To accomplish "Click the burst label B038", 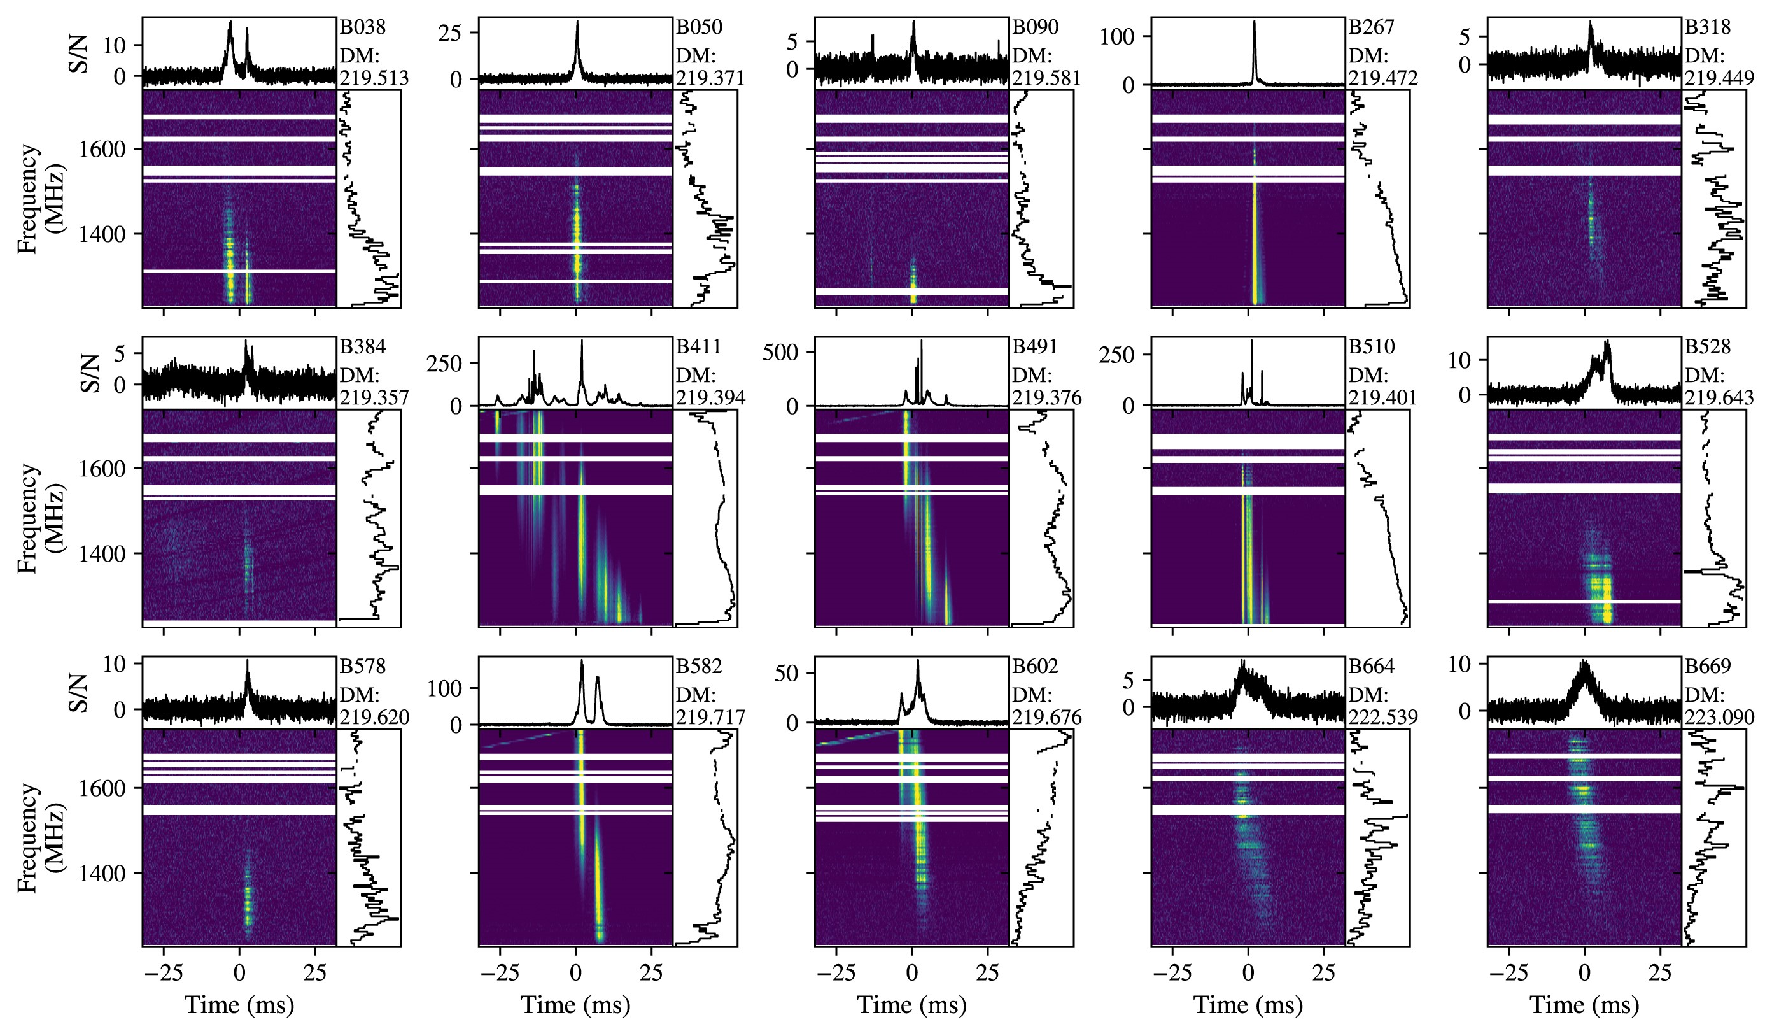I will pyautogui.click(x=363, y=27).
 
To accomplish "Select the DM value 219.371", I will pyautogui.click(x=710, y=78).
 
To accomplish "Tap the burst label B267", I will pyautogui.click(x=1371, y=27).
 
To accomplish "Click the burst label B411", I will pyautogui.click(x=699, y=347).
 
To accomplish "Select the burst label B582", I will pyautogui.click(x=699, y=666).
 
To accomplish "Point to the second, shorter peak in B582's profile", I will pyautogui.click(x=598, y=679).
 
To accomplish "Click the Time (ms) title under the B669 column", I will pyautogui.click(x=1584, y=1005).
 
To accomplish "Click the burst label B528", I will pyautogui.click(x=1707, y=347).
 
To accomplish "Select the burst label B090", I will pyautogui.click(x=1035, y=27).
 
